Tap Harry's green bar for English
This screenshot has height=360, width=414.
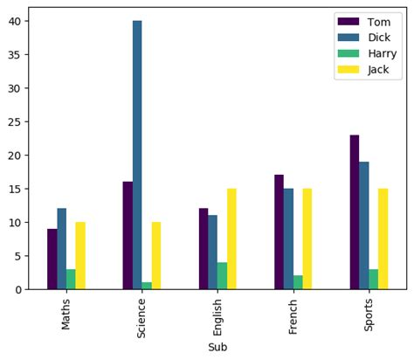[x=222, y=275]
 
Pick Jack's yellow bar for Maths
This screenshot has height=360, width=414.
[x=80, y=255]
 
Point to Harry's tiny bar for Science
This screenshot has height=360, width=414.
[x=147, y=286]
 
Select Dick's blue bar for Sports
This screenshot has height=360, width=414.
[x=364, y=225]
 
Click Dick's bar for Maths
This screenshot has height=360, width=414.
[x=61, y=248]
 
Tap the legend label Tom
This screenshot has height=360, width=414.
[x=378, y=21]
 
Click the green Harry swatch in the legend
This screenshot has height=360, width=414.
[x=348, y=53]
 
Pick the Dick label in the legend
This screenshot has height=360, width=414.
[x=379, y=37]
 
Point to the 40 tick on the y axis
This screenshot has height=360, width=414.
[x=17, y=21]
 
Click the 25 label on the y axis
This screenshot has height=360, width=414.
[x=17, y=121]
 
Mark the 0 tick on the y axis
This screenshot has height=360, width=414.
[x=21, y=289]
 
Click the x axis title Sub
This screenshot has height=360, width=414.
[x=217, y=347]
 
